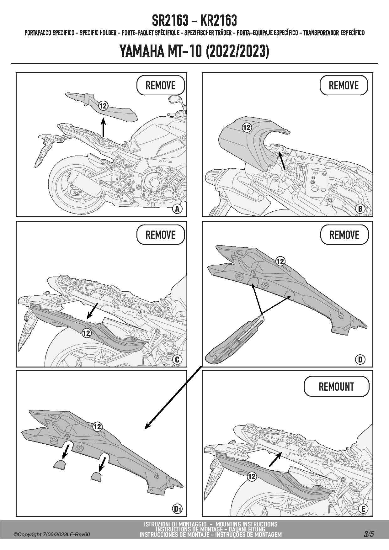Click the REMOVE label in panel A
[x=160, y=85]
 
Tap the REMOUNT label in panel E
[x=336, y=387]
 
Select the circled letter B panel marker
[x=360, y=209]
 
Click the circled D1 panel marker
[x=178, y=509]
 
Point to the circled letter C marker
[x=177, y=359]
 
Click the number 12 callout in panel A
[x=103, y=106]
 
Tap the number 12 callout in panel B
[x=247, y=127]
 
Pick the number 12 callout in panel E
[x=252, y=477]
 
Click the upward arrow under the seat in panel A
[x=103, y=128]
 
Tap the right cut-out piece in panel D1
[x=96, y=477]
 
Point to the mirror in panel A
[x=173, y=100]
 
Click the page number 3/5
[x=369, y=534]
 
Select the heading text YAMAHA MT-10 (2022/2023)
[x=194, y=51]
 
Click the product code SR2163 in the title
[x=170, y=21]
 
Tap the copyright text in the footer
[x=52, y=534]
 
